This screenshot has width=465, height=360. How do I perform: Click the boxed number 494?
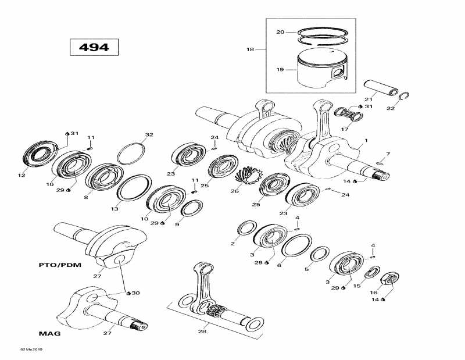click(x=94, y=47)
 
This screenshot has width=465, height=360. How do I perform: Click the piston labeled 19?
click(x=320, y=70)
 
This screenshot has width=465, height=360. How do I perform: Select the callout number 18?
click(x=251, y=49)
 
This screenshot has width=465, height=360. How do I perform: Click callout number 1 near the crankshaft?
click(x=366, y=141)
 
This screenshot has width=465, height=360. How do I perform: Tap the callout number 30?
click(x=136, y=293)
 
